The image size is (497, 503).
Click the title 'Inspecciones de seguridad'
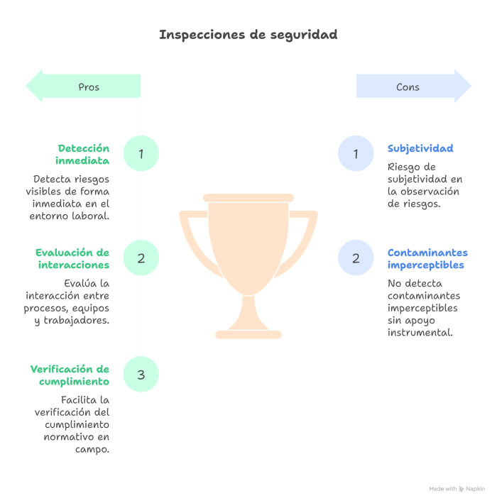(x=248, y=35)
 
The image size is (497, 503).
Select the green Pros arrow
(x=83, y=86)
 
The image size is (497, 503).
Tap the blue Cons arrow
(x=414, y=86)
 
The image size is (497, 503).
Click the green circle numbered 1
(x=141, y=153)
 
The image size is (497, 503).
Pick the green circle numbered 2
(x=141, y=258)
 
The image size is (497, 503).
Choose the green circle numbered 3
(x=141, y=374)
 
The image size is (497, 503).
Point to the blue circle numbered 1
(x=356, y=153)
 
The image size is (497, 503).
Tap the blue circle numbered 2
(x=356, y=258)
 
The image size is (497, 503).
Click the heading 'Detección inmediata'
(x=82, y=154)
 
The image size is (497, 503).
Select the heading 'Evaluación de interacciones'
(x=72, y=258)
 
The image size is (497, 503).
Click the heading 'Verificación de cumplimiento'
(x=70, y=375)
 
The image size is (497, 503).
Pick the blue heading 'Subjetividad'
(x=420, y=148)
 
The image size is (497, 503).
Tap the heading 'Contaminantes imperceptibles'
(x=427, y=258)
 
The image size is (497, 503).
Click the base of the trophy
(x=248, y=335)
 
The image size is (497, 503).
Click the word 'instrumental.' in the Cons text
(x=420, y=332)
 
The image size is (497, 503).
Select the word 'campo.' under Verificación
(x=92, y=449)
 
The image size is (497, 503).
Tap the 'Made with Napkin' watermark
(x=457, y=489)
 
